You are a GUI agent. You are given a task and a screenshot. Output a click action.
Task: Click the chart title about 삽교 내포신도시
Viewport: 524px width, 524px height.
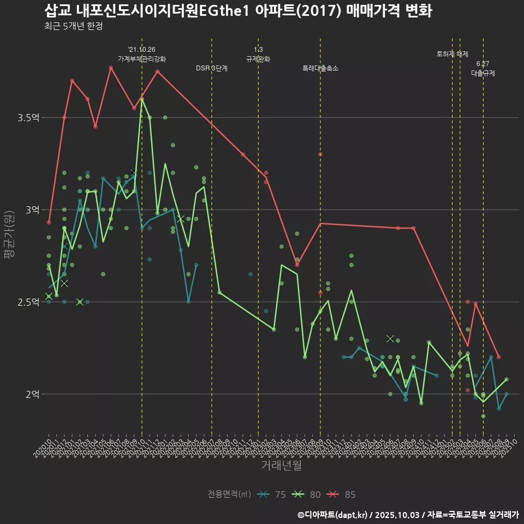pyautogui.click(x=238, y=11)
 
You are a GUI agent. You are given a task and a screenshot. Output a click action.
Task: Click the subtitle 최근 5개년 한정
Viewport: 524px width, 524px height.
pyautogui.click(x=73, y=26)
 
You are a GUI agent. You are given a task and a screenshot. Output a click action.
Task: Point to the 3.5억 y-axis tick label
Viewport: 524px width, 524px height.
pyautogui.click(x=29, y=118)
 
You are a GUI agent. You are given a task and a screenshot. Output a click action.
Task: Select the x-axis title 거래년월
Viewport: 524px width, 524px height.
pyautogui.click(x=281, y=466)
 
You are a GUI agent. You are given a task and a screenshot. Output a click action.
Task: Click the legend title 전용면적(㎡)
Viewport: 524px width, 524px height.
pyautogui.click(x=229, y=495)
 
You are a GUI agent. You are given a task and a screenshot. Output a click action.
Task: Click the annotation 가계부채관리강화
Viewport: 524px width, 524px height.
pyautogui.click(x=142, y=59)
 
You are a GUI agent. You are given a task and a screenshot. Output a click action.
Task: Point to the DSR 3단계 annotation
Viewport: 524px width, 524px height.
pyautogui.click(x=212, y=68)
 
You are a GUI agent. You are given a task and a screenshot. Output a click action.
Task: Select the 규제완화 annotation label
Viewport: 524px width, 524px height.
pyautogui.click(x=258, y=59)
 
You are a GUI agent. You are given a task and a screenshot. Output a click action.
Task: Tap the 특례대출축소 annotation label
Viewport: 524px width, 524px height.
pyautogui.click(x=320, y=68)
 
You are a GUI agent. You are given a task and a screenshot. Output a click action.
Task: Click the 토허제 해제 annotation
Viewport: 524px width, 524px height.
pyautogui.click(x=452, y=54)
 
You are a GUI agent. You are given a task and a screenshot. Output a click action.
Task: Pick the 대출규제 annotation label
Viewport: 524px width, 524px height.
pyautogui.click(x=483, y=73)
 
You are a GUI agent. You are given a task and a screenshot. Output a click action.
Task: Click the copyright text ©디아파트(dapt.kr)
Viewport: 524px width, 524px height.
pyautogui.click(x=333, y=515)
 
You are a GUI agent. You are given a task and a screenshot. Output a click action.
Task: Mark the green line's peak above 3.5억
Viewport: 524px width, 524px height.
pyautogui.click(x=142, y=99)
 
